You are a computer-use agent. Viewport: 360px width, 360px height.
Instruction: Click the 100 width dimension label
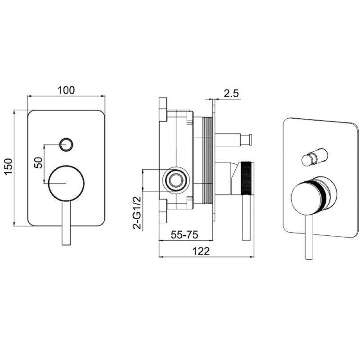click(66, 90)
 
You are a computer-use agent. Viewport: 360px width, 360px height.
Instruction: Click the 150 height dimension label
click(9, 166)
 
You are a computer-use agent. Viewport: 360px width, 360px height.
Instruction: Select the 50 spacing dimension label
click(38, 162)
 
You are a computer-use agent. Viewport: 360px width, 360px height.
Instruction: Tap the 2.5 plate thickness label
click(231, 94)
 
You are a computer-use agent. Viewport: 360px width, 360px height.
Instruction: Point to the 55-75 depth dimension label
click(184, 234)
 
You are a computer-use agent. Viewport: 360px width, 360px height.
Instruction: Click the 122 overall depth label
click(201, 251)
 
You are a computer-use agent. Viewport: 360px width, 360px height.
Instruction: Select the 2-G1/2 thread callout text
click(137, 213)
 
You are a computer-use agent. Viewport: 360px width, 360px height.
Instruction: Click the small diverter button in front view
click(66, 145)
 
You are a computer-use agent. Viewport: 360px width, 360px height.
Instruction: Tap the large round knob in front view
click(66, 183)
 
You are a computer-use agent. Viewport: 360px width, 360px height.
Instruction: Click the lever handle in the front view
click(66, 223)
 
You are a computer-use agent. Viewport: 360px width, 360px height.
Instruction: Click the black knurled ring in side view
click(247, 178)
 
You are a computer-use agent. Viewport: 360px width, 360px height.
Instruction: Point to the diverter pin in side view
click(234, 139)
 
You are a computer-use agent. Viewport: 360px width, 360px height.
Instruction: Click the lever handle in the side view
click(246, 217)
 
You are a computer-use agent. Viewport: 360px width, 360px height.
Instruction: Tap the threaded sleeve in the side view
click(207, 160)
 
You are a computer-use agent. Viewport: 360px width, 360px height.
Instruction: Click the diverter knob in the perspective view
click(315, 157)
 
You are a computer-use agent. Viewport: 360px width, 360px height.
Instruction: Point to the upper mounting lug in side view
click(163, 109)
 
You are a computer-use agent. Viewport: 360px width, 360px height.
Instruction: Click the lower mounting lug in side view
click(163, 211)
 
